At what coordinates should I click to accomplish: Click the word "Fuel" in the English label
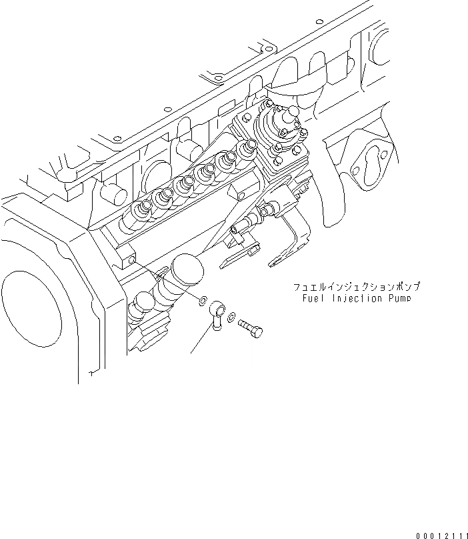tap(313, 298)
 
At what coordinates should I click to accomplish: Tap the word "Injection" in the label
tap(351, 298)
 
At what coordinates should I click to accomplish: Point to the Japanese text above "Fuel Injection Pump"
tap(357, 288)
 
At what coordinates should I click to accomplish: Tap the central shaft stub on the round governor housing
tap(293, 114)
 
